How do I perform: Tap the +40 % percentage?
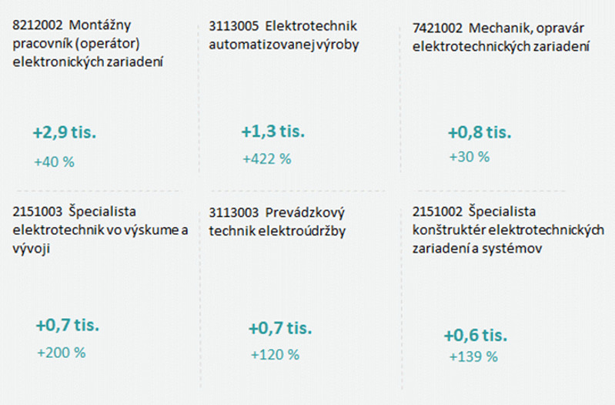(55, 162)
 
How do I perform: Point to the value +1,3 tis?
(273, 131)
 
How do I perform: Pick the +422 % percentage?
(266, 159)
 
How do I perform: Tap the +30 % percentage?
(469, 156)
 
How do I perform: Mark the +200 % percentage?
(61, 353)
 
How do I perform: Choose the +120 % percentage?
(275, 355)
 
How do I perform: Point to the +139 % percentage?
(473, 356)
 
